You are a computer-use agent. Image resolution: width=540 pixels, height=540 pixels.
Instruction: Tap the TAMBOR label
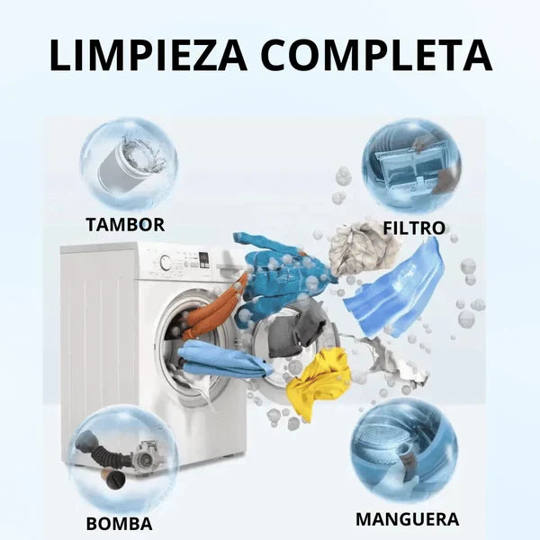125,224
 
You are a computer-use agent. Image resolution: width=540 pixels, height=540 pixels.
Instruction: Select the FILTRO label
413,228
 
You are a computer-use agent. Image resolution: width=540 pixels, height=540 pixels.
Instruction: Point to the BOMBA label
119,524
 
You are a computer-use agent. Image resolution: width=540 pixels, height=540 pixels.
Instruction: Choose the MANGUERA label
407,519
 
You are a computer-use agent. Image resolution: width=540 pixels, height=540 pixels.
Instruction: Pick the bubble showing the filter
411,166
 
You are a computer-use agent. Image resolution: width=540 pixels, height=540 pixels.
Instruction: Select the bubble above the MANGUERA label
404,450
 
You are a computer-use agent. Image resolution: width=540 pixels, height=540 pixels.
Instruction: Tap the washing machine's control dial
166,263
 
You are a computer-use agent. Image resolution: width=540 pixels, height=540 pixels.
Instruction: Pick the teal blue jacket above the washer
271,270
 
